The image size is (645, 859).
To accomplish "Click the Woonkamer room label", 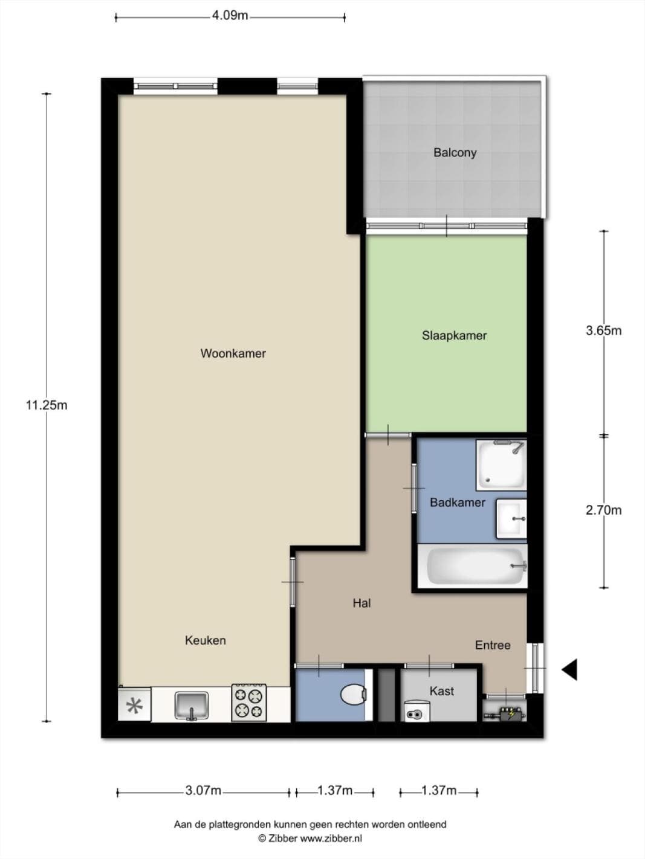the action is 233,353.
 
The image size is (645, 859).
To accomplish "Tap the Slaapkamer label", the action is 454,335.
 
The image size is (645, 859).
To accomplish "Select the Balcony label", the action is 455,152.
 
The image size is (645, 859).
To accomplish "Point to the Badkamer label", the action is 458,502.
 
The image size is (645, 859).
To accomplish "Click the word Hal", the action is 361,603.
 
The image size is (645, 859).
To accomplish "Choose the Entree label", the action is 493,645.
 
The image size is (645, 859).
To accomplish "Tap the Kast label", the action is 442,691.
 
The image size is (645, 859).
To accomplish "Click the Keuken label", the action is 205,640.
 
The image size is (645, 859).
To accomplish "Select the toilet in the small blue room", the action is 353,695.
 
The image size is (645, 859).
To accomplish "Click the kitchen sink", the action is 192,706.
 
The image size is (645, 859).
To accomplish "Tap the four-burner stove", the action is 248,703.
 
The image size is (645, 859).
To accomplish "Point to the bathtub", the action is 473,566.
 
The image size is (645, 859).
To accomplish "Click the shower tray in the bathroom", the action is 501,465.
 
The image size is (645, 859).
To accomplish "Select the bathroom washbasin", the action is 511,518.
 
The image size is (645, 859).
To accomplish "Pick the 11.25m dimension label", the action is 47,405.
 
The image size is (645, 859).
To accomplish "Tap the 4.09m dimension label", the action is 230,15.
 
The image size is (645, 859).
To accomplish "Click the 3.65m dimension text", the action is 603,330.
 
